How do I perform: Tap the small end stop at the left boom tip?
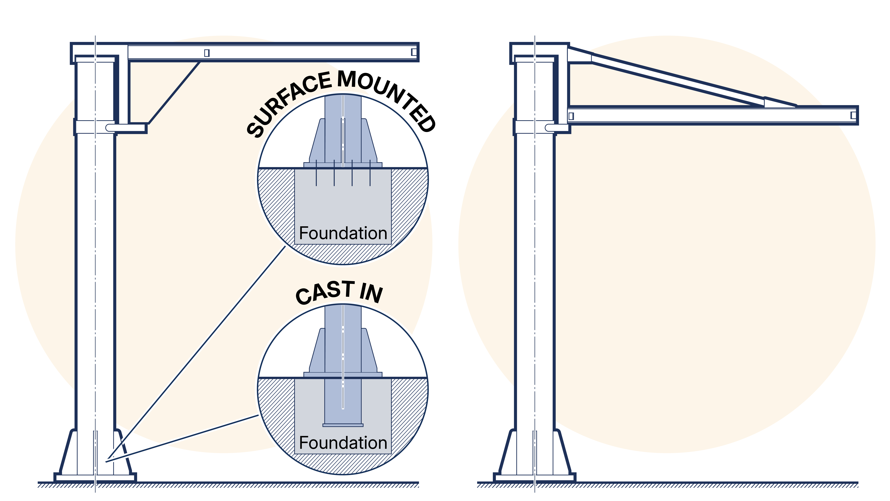click(414, 52)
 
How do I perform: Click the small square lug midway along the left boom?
click(207, 53)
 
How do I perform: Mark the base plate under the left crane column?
click(95, 478)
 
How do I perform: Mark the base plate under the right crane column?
click(534, 478)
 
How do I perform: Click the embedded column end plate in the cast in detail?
click(343, 425)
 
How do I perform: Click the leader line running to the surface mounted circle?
click(197, 353)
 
